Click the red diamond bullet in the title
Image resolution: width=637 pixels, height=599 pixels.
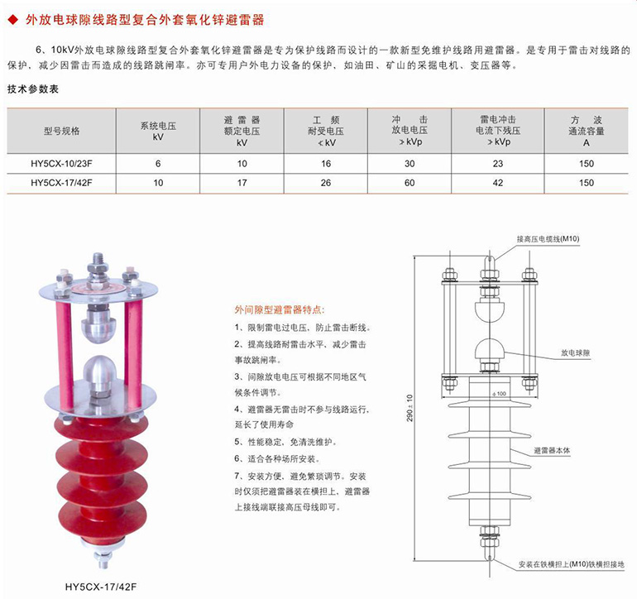click(13, 20)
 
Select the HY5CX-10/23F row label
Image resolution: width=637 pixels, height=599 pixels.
click(61, 164)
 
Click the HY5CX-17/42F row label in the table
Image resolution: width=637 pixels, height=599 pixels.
click(61, 183)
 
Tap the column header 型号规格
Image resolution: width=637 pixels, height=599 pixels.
click(62, 131)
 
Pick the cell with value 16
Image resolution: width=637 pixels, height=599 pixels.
click(326, 164)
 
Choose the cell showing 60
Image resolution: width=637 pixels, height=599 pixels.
click(409, 183)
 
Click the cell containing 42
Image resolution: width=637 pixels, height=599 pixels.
click(498, 183)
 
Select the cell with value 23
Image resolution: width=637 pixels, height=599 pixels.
click(498, 164)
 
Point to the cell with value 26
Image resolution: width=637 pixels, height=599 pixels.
click(326, 183)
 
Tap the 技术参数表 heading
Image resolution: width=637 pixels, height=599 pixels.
click(33, 89)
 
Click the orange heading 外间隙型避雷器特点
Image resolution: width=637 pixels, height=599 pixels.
click(280, 310)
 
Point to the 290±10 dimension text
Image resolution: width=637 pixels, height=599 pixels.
click(409, 408)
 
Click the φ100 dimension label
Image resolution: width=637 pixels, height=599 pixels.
click(499, 393)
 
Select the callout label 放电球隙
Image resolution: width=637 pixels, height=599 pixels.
click(575, 352)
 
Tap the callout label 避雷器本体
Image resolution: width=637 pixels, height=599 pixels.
click(552, 450)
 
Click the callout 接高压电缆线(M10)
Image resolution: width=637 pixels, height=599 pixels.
click(548, 238)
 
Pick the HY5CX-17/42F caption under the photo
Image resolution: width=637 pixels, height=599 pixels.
click(101, 587)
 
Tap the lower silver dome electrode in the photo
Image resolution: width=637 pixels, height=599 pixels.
click(99, 371)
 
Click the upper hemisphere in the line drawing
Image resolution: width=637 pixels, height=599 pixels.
click(490, 309)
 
